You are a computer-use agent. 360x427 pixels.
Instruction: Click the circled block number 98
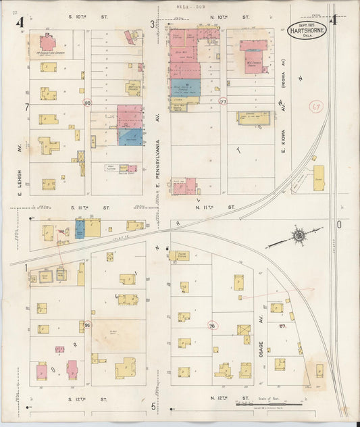click(87, 102)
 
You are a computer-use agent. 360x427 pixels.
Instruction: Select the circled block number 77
click(223, 102)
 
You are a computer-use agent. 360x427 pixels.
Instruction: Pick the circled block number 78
click(214, 326)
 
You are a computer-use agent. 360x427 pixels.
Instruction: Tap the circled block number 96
click(87, 326)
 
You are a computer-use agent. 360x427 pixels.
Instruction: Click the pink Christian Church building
click(47, 43)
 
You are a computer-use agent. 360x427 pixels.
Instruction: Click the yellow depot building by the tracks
click(318, 177)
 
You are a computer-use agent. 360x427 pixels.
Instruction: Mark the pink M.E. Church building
click(253, 57)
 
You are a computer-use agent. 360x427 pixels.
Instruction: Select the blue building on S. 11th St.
click(80, 229)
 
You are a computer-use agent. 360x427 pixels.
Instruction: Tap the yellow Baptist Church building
click(133, 87)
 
